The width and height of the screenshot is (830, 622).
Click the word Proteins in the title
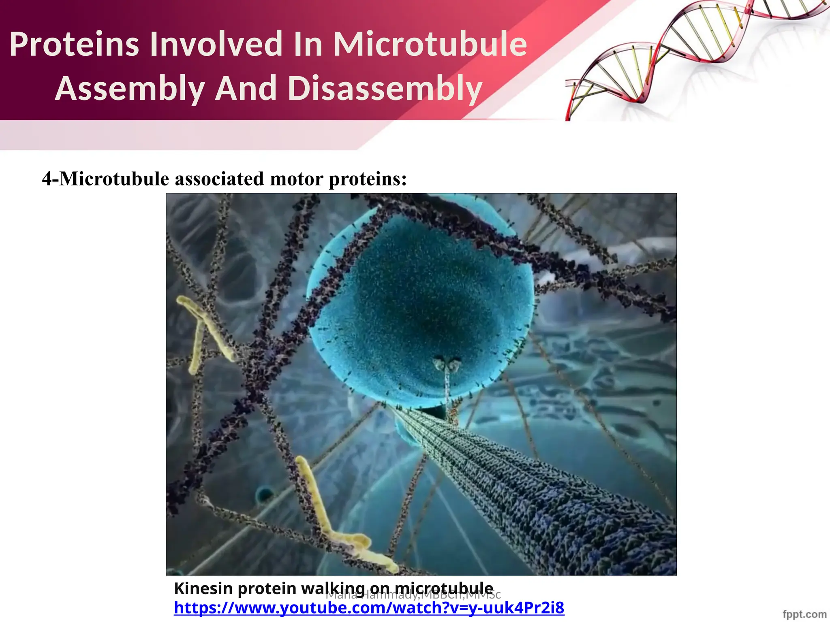click(x=74, y=45)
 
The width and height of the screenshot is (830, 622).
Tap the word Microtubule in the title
click(x=430, y=45)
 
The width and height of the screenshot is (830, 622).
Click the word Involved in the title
click(x=215, y=45)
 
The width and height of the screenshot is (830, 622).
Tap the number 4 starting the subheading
click(x=47, y=179)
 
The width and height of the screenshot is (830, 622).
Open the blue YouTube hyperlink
click(x=369, y=608)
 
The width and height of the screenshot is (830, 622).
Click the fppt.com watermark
click(x=804, y=614)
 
